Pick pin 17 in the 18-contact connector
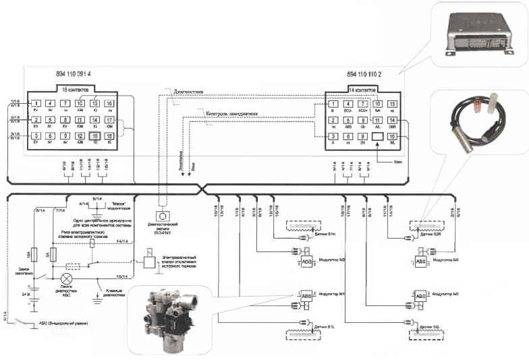110,119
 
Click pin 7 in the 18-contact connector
65,103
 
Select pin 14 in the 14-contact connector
392,120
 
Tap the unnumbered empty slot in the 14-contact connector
378,136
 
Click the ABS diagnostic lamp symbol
66,278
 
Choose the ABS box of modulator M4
420,261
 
